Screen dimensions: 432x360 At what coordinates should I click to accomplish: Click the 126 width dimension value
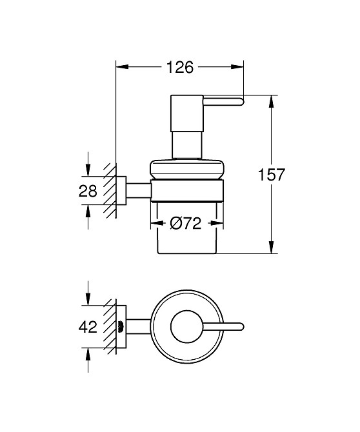click(180, 66)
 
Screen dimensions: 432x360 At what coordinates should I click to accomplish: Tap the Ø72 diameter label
click(186, 224)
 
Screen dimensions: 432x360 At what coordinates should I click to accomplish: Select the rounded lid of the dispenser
click(186, 168)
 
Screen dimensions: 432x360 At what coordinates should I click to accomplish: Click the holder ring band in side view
click(186, 191)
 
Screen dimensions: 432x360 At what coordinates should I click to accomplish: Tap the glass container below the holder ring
click(186, 235)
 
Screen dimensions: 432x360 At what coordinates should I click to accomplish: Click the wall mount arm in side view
click(137, 191)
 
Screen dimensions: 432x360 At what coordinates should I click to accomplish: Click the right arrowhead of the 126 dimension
click(238, 66)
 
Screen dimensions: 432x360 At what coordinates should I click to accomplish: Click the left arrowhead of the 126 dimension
click(121, 66)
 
